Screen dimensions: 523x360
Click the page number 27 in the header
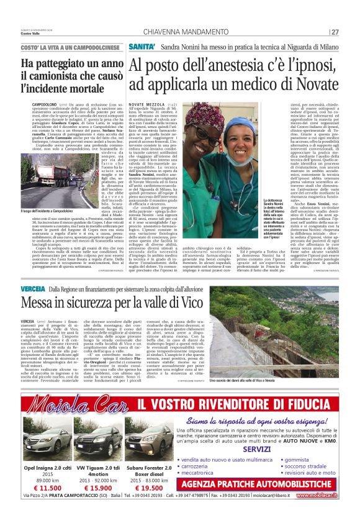click(x=335, y=32)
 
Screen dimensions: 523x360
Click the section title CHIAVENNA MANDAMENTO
click(x=186, y=32)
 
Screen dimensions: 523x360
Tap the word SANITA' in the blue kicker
click(x=142, y=47)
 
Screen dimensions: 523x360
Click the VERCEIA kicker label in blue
click(x=32, y=289)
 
